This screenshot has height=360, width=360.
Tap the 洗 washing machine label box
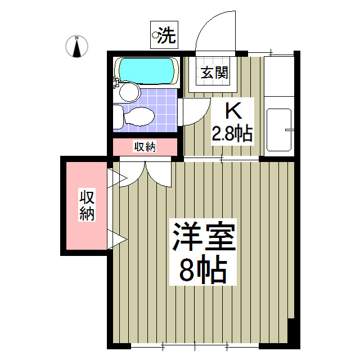click(x=164, y=36)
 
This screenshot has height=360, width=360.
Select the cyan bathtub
click(x=146, y=70)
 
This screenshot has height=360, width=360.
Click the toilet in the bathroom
click(x=135, y=117)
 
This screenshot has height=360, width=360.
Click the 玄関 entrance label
click(x=215, y=73)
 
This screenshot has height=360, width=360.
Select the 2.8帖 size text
click(x=231, y=134)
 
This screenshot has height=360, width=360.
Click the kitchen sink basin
click(x=278, y=129)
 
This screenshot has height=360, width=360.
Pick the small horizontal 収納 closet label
click(x=145, y=147)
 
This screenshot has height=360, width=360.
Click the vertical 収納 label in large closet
click(x=87, y=205)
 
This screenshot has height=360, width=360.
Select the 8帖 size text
click(x=203, y=271)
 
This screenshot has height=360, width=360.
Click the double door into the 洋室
click(x=145, y=172)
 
